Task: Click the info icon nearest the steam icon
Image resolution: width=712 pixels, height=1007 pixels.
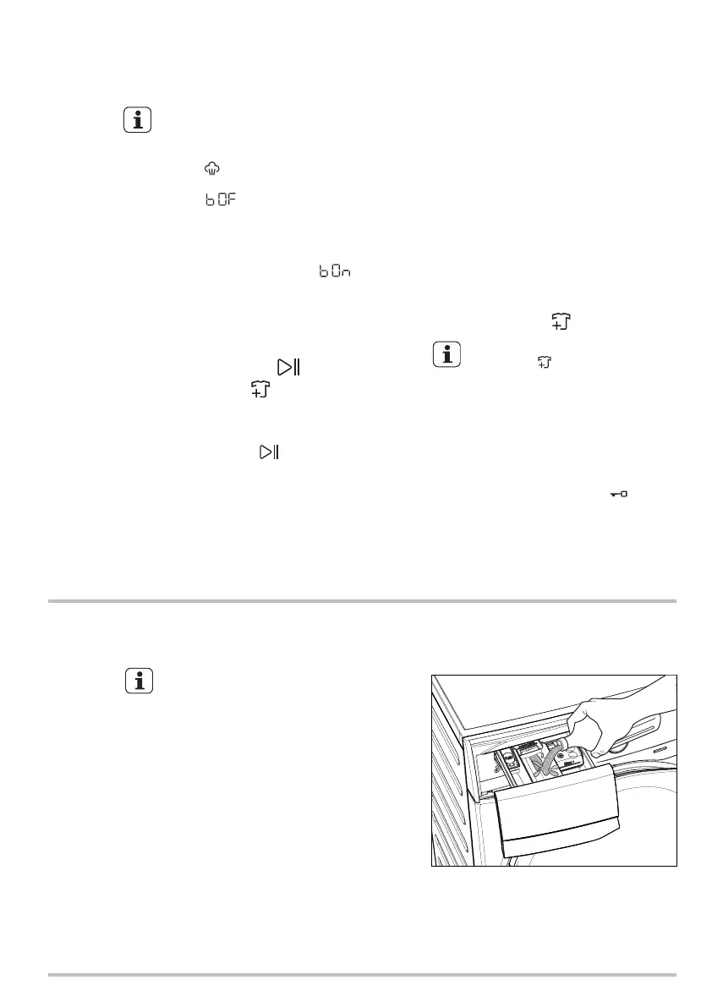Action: click(138, 120)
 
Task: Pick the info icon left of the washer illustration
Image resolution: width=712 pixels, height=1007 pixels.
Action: click(138, 680)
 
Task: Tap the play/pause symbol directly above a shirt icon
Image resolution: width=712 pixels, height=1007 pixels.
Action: click(290, 368)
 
